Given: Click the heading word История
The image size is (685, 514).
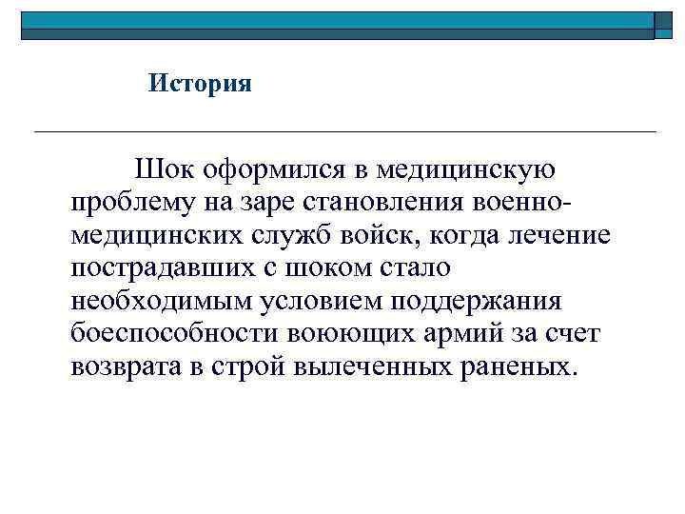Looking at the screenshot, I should [x=200, y=84].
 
